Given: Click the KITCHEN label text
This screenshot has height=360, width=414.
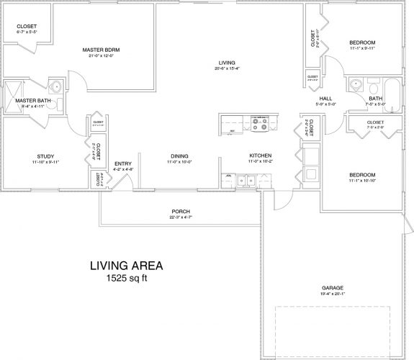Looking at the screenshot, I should [x=259, y=156].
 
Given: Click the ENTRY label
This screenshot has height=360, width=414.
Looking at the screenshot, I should [x=122, y=164].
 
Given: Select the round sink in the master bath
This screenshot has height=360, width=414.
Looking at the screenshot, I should [x=55, y=86].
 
